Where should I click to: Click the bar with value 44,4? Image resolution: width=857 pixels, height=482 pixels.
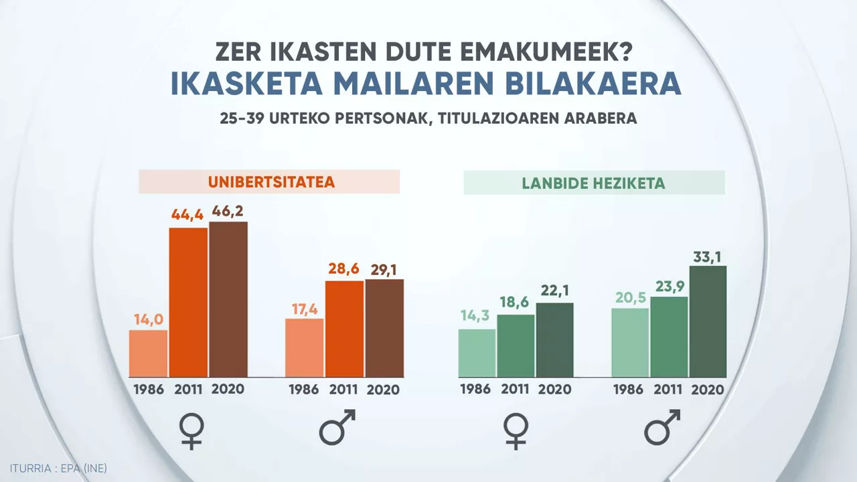pyautogui.click(x=188, y=302)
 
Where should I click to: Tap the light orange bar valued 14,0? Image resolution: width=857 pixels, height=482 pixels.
pyautogui.click(x=148, y=353)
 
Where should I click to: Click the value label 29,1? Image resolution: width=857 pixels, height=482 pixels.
pyautogui.click(x=384, y=268)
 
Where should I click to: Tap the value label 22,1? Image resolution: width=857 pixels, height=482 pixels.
pyautogui.click(x=554, y=291)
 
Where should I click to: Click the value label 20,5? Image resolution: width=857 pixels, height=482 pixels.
pyautogui.click(x=630, y=297)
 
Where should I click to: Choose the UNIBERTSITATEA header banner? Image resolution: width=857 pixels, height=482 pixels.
pyautogui.click(x=269, y=181)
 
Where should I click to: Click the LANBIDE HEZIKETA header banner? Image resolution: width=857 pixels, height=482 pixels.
pyautogui.click(x=594, y=183)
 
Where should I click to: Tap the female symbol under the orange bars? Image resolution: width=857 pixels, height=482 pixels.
pyautogui.click(x=192, y=430)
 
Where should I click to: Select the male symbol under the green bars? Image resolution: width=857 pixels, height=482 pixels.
pyautogui.click(x=662, y=428)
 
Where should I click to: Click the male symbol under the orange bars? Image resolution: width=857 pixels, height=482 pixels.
pyautogui.click(x=337, y=428)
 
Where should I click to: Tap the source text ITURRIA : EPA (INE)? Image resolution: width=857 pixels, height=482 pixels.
pyautogui.click(x=58, y=468)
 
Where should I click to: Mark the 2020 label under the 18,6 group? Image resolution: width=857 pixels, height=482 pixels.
pyautogui.click(x=554, y=389)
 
